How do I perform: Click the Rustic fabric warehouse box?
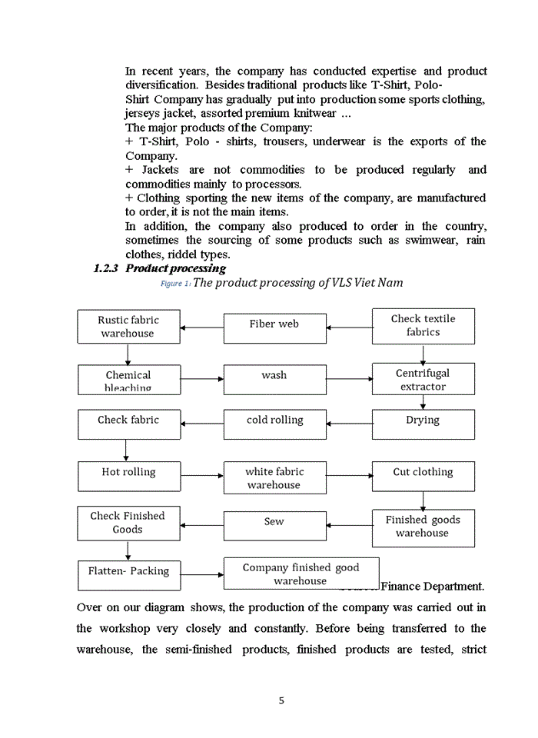pyautogui.click(x=128, y=327)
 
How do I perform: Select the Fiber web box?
pyautogui.click(x=274, y=327)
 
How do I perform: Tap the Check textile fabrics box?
pyautogui.click(x=423, y=326)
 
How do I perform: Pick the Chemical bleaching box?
pyautogui.click(x=128, y=380)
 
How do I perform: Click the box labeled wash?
pyautogui.click(x=274, y=379)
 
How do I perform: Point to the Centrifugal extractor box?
pyautogui.click(x=423, y=379)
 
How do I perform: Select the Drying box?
pyautogui.click(x=423, y=424)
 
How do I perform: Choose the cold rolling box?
pyautogui.click(x=274, y=424)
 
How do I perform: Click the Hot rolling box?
pyautogui.click(x=128, y=476)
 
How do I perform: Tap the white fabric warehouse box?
pyautogui.click(x=274, y=477)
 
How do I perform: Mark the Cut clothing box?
pyautogui.click(x=423, y=476)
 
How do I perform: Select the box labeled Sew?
pyautogui.click(x=274, y=525)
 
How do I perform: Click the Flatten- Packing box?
pyautogui.click(x=128, y=574)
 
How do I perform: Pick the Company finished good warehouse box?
pyautogui.click(x=301, y=573)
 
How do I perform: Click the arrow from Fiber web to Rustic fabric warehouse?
pyautogui.click(x=202, y=328)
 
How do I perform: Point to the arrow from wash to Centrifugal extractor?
pyautogui.click(x=349, y=379)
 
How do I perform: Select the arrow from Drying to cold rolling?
pyautogui.click(x=349, y=424)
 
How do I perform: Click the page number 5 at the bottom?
pyautogui.click(x=281, y=700)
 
